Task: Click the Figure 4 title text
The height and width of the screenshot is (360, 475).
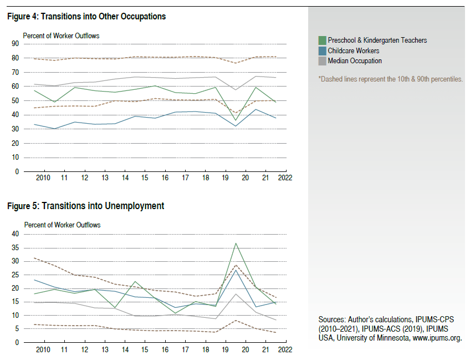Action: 86,17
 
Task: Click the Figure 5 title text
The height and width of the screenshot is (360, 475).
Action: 86,206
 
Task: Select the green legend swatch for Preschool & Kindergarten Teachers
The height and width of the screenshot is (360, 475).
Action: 321,40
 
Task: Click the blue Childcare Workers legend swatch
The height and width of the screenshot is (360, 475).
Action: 321,50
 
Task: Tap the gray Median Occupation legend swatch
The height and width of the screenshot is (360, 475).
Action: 321,60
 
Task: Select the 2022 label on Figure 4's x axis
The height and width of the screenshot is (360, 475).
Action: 285,179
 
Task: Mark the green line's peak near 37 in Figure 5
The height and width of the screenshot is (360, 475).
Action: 236,243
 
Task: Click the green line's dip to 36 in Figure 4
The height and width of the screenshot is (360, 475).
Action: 236,120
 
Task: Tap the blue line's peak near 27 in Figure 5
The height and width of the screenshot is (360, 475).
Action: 236,270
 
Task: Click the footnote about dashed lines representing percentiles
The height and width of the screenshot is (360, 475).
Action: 390,79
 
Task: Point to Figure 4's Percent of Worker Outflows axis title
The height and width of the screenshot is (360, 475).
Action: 61,36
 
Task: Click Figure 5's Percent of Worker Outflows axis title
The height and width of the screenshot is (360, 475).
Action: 62,225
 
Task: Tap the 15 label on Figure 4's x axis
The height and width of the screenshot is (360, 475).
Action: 144,179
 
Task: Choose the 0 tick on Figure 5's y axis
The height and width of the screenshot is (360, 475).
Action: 17,342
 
